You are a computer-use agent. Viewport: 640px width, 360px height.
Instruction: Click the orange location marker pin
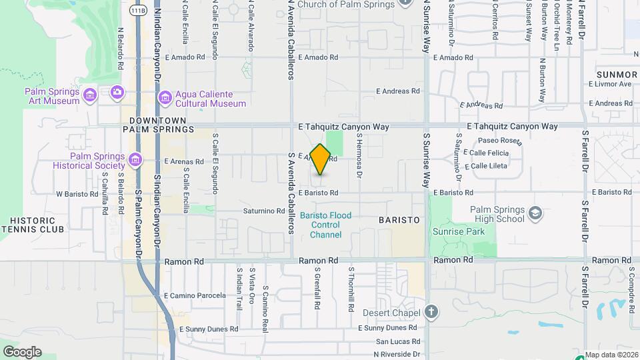click(320, 159)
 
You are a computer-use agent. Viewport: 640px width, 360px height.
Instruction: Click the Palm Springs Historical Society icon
click(136, 159)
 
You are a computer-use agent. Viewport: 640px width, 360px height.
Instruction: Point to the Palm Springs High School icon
click(535, 213)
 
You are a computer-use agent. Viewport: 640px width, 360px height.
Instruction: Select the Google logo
click(22, 351)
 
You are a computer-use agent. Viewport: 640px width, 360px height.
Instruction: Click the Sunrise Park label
click(457, 231)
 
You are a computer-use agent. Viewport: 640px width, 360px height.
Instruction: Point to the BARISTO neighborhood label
click(399, 219)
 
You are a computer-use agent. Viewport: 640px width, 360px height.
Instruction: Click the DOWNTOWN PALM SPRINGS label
click(157, 124)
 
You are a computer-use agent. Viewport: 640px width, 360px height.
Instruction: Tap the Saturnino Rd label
click(264, 211)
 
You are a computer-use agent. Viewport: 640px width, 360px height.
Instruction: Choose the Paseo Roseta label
click(499, 141)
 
